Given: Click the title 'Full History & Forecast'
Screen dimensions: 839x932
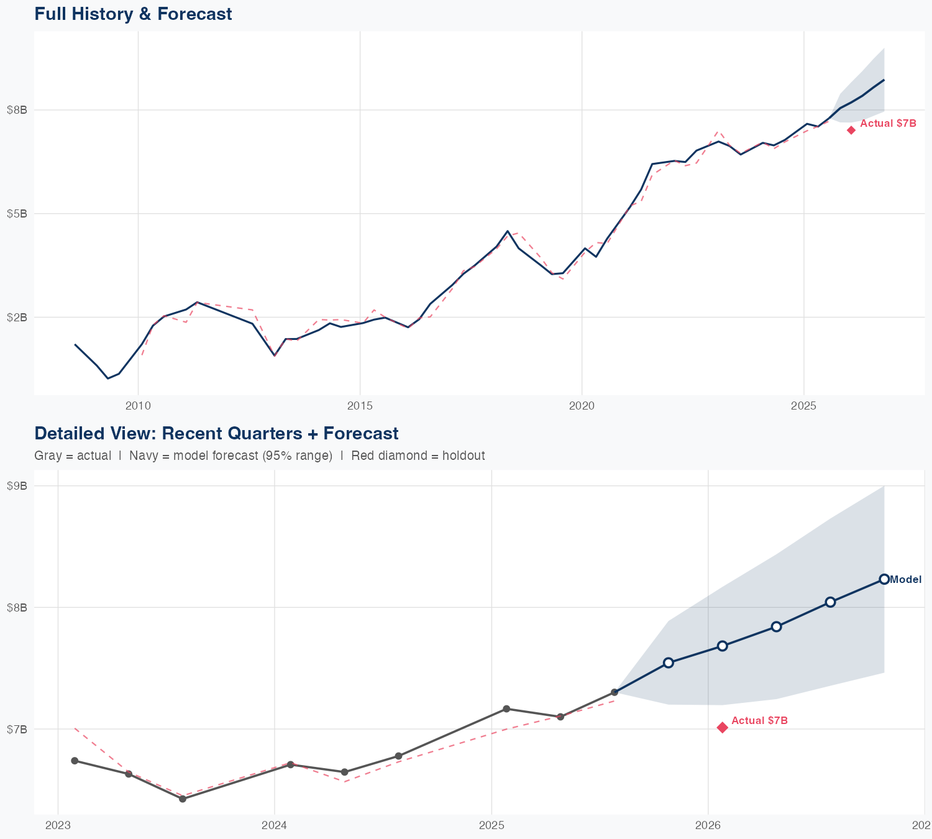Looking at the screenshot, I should [133, 14].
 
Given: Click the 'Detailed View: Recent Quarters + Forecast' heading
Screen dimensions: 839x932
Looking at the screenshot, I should [216, 433].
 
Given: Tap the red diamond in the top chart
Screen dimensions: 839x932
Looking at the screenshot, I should [851, 130].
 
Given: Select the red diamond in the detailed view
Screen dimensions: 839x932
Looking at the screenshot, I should [722, 727].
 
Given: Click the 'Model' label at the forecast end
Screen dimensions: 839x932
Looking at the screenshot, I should [905, 580].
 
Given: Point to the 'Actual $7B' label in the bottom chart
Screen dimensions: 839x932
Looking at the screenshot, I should [759, 720].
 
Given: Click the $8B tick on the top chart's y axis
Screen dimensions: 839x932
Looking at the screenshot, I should [17, 110].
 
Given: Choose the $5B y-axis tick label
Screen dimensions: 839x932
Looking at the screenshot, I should [17, 214].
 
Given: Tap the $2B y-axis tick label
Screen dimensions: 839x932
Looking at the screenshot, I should [17, 318].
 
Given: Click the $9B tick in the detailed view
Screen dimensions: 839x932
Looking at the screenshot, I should [17, 486].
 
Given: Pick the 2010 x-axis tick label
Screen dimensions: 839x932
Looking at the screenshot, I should [138, 406].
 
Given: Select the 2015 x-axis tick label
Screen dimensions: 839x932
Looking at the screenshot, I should [360, 406].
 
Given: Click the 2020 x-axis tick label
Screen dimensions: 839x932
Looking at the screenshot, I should [582, 406].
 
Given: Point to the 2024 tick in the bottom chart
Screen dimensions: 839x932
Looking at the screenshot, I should [275, 825].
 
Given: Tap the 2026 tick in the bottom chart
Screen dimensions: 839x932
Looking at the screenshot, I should [708, 825].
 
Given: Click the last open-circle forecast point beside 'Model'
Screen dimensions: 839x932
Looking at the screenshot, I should [884, 579].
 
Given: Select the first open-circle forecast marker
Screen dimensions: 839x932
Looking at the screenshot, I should [668, 662].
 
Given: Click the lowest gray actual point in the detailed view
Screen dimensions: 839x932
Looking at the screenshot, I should [183, 799].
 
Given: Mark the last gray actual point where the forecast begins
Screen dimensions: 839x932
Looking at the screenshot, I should [614, 692].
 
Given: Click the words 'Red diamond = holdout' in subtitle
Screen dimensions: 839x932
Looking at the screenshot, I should [418, 456].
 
